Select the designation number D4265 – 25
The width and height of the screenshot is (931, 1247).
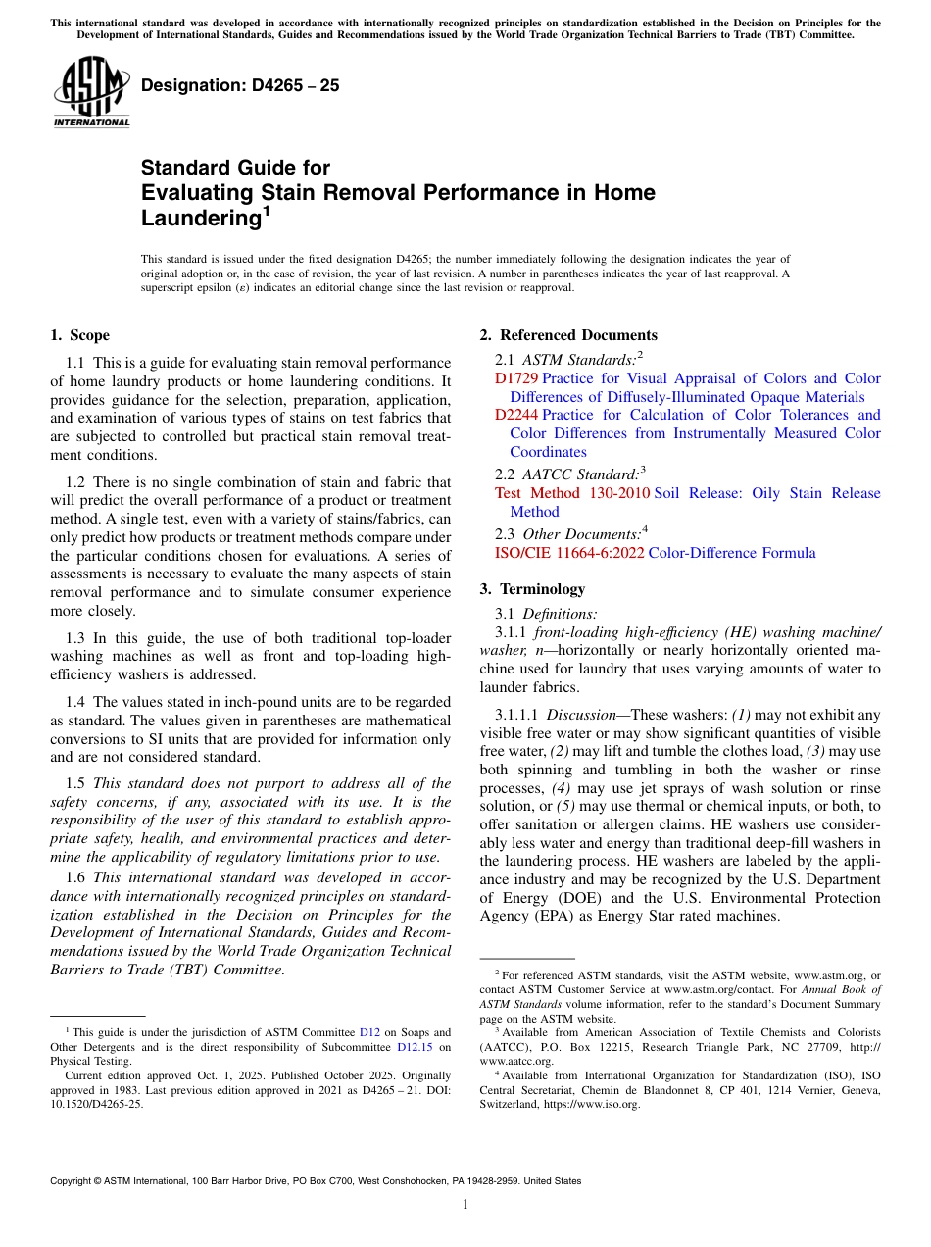240,85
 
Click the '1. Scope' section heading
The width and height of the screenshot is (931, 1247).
79,335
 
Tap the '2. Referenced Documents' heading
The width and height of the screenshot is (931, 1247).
568,335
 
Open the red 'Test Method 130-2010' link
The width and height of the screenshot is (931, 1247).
571,493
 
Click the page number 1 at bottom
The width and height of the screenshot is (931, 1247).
465,1205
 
